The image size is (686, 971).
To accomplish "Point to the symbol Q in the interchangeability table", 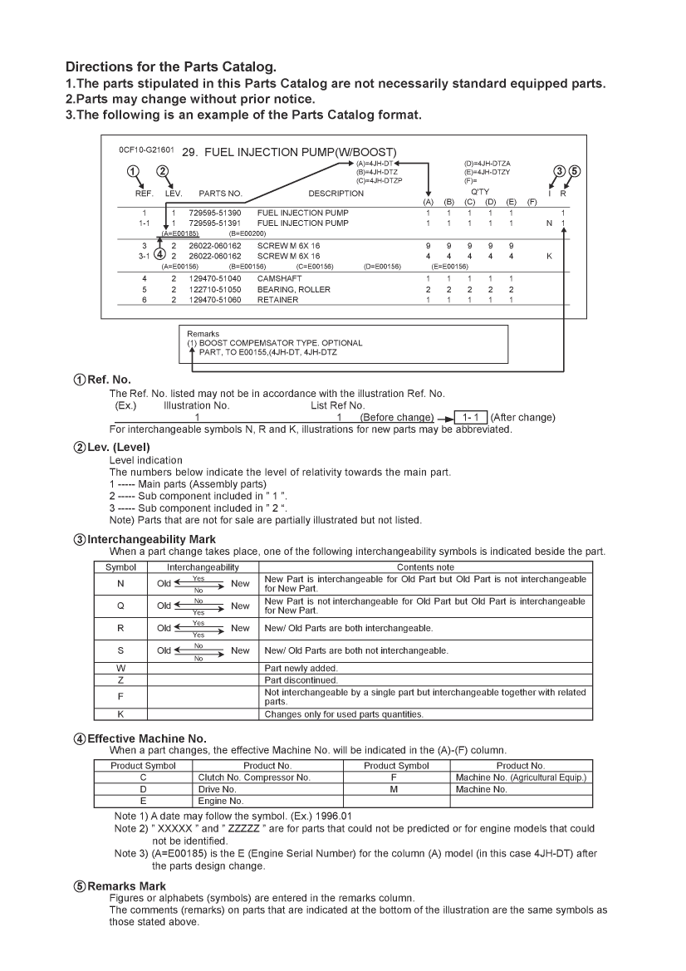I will tap(120, 606).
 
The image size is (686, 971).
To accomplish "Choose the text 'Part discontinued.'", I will tap(297, 680).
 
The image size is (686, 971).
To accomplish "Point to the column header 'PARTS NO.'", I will tap(220, 194).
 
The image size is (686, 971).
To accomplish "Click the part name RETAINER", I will tap(277, 300).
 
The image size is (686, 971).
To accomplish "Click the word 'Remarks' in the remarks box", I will tap(202, 334).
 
